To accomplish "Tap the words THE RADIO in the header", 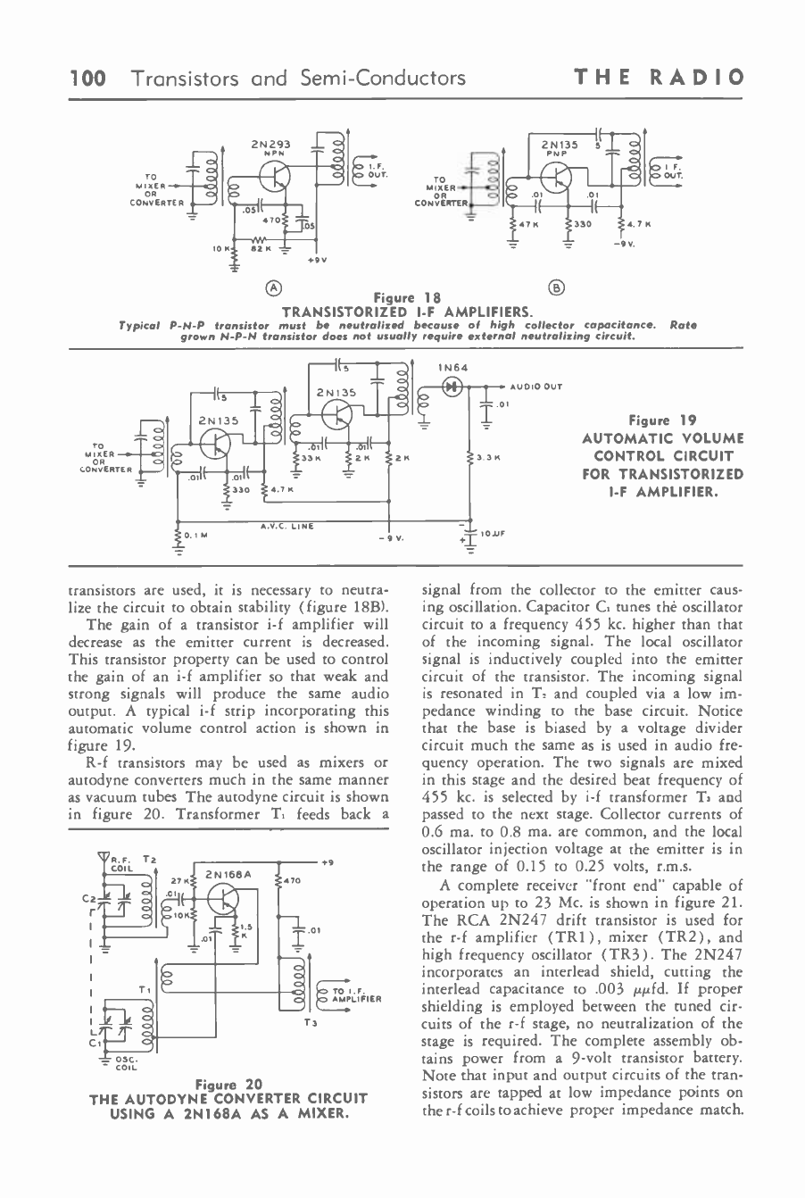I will tap(660, 79).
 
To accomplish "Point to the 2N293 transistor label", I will tap(268, 142).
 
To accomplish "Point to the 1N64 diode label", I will tap(452, 368).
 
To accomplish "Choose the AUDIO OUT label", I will tap(535, 387).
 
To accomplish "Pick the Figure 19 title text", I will tap(661, 420).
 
